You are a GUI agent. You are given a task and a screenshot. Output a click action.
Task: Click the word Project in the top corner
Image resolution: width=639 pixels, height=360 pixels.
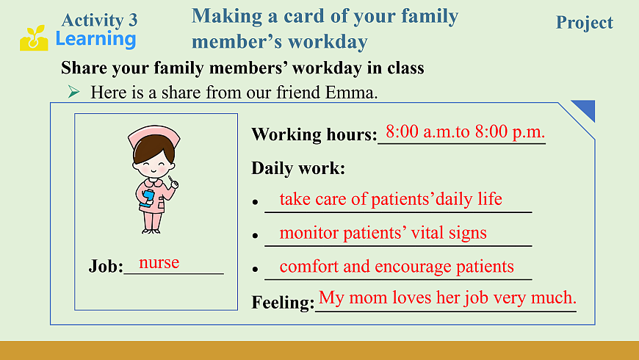(585, 24)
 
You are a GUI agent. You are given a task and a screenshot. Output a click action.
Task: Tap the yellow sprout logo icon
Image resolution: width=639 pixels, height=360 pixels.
(34, 38)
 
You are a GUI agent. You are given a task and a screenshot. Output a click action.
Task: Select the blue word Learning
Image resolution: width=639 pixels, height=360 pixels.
(95, 40)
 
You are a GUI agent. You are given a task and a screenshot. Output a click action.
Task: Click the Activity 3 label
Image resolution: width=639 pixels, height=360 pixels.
(99, 20)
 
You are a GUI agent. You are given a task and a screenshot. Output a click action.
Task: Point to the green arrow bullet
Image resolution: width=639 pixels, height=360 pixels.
(73, 92)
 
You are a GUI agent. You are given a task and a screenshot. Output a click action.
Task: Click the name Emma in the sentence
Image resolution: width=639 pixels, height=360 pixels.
(351, 93)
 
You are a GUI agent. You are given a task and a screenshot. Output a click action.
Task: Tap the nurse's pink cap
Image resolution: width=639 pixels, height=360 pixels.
(154, 137)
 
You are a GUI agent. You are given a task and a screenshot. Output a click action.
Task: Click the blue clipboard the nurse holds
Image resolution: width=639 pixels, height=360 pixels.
(147, 198)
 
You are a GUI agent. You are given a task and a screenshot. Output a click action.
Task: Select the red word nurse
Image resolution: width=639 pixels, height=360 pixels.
(159, 262)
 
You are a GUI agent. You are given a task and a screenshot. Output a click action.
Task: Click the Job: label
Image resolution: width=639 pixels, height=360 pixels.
(106, 267)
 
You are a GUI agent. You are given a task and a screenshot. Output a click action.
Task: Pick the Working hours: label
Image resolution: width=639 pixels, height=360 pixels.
(314, 134)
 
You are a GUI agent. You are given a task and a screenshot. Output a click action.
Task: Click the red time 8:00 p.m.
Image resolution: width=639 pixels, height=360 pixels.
(510, 132)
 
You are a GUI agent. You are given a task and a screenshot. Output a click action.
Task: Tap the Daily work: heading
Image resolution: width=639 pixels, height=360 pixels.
(298, 168)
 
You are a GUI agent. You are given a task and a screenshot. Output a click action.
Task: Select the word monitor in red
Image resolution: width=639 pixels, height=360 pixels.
(309, 233)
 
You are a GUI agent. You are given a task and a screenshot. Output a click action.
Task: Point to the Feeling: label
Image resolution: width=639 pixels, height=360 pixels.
(284, 303)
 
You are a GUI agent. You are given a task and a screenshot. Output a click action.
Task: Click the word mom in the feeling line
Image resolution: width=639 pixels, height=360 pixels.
(368, 298)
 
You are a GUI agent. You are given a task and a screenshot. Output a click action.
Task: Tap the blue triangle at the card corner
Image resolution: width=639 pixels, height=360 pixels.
(586, 109)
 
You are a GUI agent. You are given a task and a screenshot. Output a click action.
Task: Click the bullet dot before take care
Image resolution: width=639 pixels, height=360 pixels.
(256, 201)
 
